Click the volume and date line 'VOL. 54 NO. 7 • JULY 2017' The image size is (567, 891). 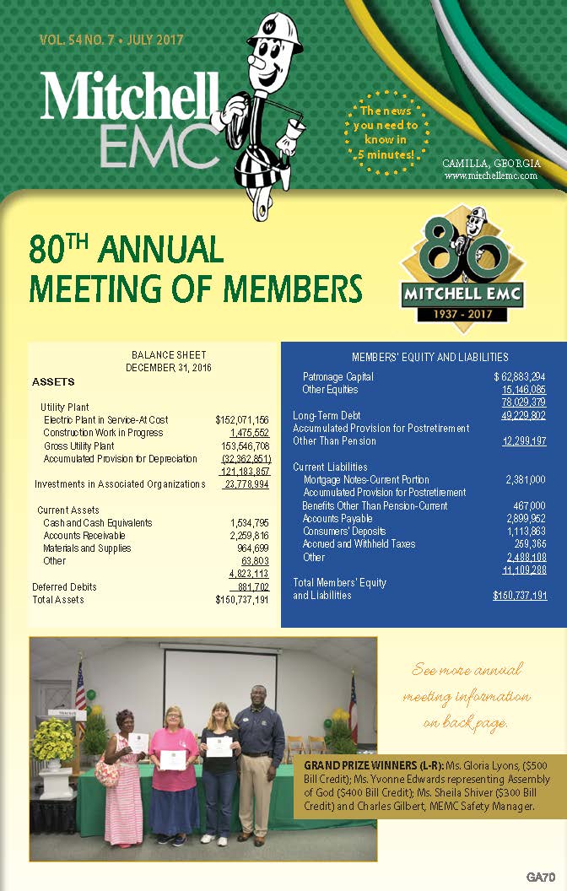[111, 40]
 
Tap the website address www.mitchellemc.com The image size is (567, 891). [490, 175]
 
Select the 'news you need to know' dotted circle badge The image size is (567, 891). [386, 132]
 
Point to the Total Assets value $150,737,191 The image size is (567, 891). [242, 600]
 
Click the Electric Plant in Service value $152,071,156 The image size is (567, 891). [242, 419]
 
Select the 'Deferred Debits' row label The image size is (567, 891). [64, 587]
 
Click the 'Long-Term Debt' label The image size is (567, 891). [327, 415]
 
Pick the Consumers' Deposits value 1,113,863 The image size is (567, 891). [526, 532]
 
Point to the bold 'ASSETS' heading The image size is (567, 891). [53, 381]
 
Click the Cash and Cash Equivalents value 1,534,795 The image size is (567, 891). [250, 523]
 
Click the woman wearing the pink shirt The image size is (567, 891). [174, 759]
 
